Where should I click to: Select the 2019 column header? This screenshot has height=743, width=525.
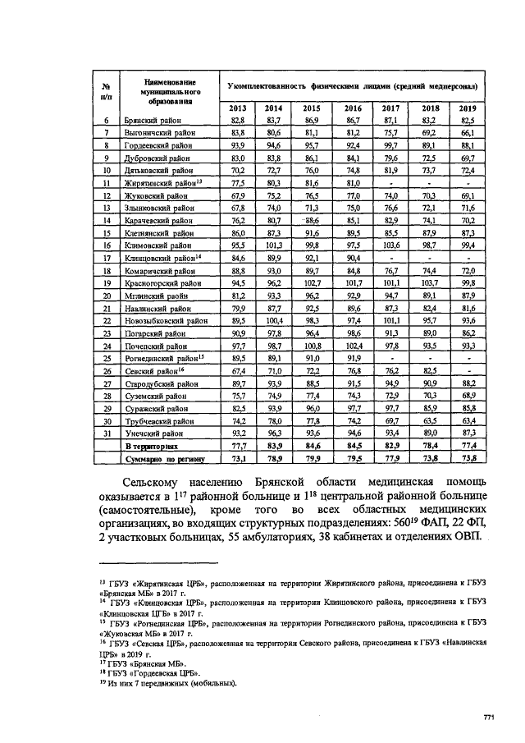point(468,108)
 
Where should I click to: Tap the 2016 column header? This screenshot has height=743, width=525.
point(353,108)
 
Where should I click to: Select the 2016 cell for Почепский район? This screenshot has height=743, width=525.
point(353,344)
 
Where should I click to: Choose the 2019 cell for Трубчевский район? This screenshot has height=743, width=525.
point(468,419)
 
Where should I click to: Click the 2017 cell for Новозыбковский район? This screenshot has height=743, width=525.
point(391,319)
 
